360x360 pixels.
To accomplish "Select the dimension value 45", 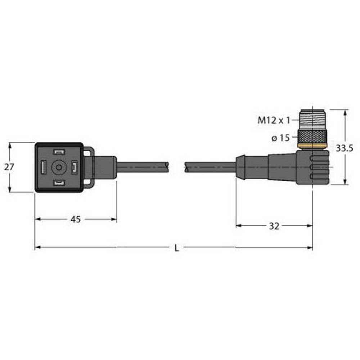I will pyautogui.click(x=75, y=219).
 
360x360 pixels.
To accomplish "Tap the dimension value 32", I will pyautogui.click(x=274, y=226).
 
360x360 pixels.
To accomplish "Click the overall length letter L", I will pyautogui.click(x=176, y=248).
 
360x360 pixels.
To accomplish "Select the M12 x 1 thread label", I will pyautogui.click(x=274, y=121).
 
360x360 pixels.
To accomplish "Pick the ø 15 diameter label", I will pyautogui.click(x=281, y=138).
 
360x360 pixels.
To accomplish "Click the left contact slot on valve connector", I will pyautogui.click(x=43, y=167).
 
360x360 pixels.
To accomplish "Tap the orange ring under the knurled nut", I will pyautogui.click(x=312, y=147).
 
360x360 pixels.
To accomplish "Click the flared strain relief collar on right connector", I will pyautogui.click(x=240, y=167).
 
